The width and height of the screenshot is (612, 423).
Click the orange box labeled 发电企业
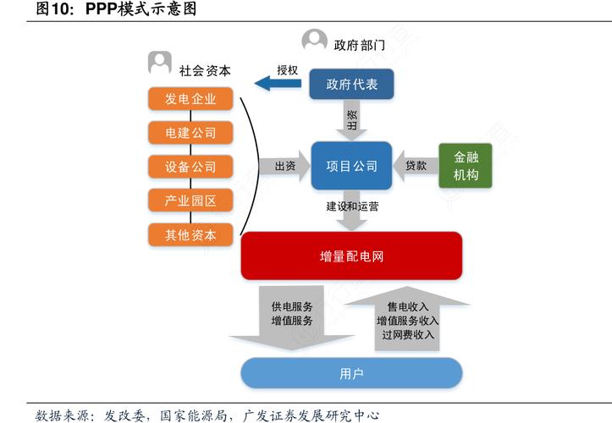[x=190, y=99]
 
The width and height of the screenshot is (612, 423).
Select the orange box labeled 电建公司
[x=190, y=133]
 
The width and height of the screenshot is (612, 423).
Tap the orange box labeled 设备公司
[x=190, y=167]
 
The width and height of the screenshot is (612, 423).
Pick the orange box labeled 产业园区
[x=190, y=201]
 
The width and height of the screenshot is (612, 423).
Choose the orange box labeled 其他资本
[x=190, y=234]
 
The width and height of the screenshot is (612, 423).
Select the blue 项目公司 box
[x=351, y=166]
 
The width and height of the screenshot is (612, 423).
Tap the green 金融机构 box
[x=466, y=166]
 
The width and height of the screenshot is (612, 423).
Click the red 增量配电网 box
[x=351, y=255]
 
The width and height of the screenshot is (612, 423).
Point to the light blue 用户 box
[x=351, y=373]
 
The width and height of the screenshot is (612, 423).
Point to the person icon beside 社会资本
[x=159, y=63]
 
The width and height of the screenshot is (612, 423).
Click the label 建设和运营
[x=352, y=206]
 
